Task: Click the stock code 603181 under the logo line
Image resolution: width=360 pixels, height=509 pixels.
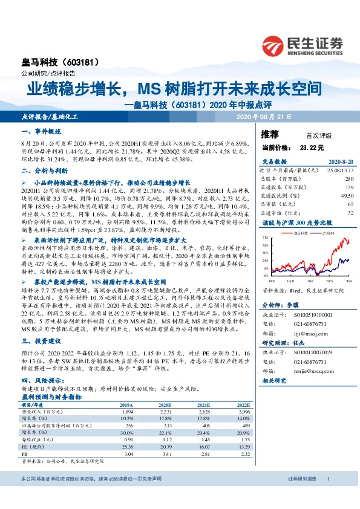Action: point(80,62)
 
